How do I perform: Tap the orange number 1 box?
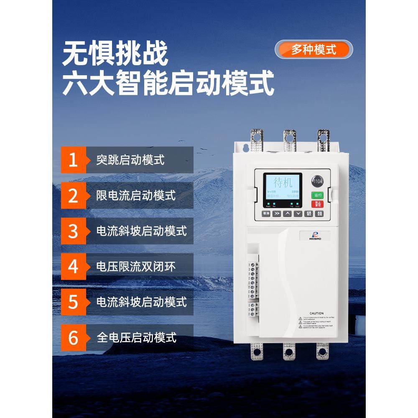(73, 160)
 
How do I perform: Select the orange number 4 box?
(73, 266)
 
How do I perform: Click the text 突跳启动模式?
(130, 160)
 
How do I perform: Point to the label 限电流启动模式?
(136, 195)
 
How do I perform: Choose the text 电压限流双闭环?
(136, 266)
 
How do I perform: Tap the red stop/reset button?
(317, 204)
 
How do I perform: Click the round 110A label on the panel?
(317, 182)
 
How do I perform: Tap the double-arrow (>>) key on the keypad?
(277, 214)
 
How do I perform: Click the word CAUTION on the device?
(317, 313)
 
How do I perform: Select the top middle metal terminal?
(289, 140)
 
